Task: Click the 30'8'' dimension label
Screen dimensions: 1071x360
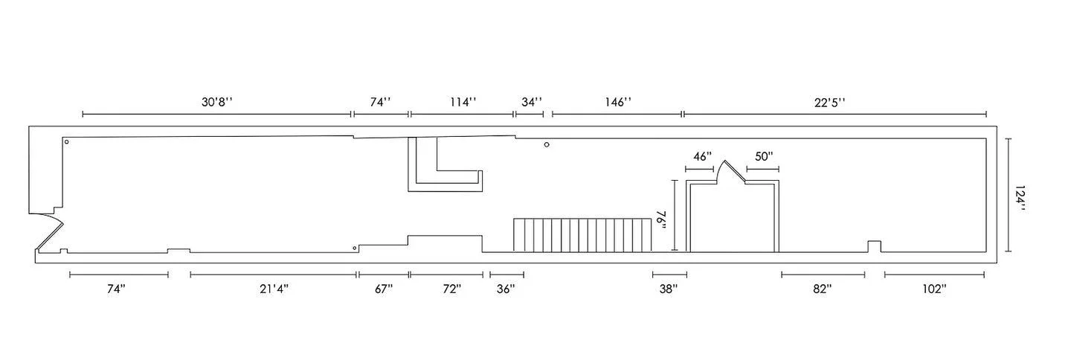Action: [217, 103]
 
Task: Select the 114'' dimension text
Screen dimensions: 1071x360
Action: [463, 103]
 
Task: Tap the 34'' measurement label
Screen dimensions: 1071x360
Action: [532, 103]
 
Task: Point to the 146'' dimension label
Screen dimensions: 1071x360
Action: [618, 103]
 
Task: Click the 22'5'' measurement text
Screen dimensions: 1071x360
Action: [830, 103]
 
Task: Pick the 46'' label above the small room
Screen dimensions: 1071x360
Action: [702, 156]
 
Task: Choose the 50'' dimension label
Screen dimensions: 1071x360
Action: [764, 156]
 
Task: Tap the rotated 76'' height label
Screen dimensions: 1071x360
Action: [662, 220]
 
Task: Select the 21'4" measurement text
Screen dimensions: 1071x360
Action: [274, 289]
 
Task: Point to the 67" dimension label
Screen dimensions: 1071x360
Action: [384, 289]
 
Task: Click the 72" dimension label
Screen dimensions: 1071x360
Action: [452, 289]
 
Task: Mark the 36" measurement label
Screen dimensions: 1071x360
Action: [506, 289]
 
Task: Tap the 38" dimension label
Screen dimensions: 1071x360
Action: [669, 289]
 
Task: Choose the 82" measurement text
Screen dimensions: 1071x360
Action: [823, 289]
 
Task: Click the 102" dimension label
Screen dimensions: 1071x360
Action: [934, 289]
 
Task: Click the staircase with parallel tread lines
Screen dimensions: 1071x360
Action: [582, 235]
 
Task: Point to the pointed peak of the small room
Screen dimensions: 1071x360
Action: [725, 161]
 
